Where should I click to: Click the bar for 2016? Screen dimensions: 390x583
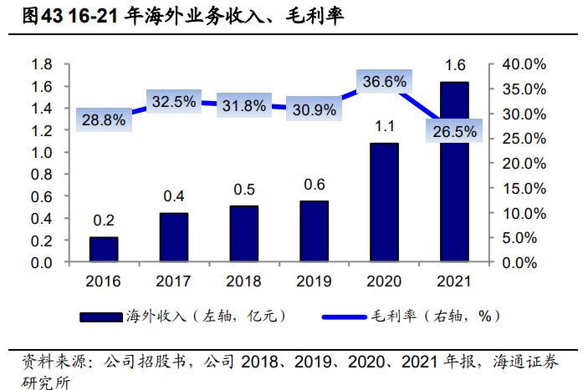click(x=104, y=250)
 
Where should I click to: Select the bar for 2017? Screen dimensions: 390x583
click(x=174, y=238)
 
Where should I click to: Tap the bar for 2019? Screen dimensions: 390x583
click(x=315, y=231)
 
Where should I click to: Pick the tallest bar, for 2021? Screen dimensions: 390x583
click(x=454, y=172)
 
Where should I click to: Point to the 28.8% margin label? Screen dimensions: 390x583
click(x=104, y=119)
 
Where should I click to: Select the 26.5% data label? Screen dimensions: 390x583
click(x=455, y=131)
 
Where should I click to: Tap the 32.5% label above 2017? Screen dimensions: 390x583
click(x=174, y=101)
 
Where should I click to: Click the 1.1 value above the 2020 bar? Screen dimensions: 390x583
click(x=385, y=126)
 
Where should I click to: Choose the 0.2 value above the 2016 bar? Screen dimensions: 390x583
click(x=104, y=220)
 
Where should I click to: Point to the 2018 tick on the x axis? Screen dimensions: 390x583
click(x=244, y=281)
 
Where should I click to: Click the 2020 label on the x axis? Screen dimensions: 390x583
click(x=385, y=281)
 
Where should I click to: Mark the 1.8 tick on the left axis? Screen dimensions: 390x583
click(x=42, y=64)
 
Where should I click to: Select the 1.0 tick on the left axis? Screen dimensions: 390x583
click(x=42, y=153)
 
